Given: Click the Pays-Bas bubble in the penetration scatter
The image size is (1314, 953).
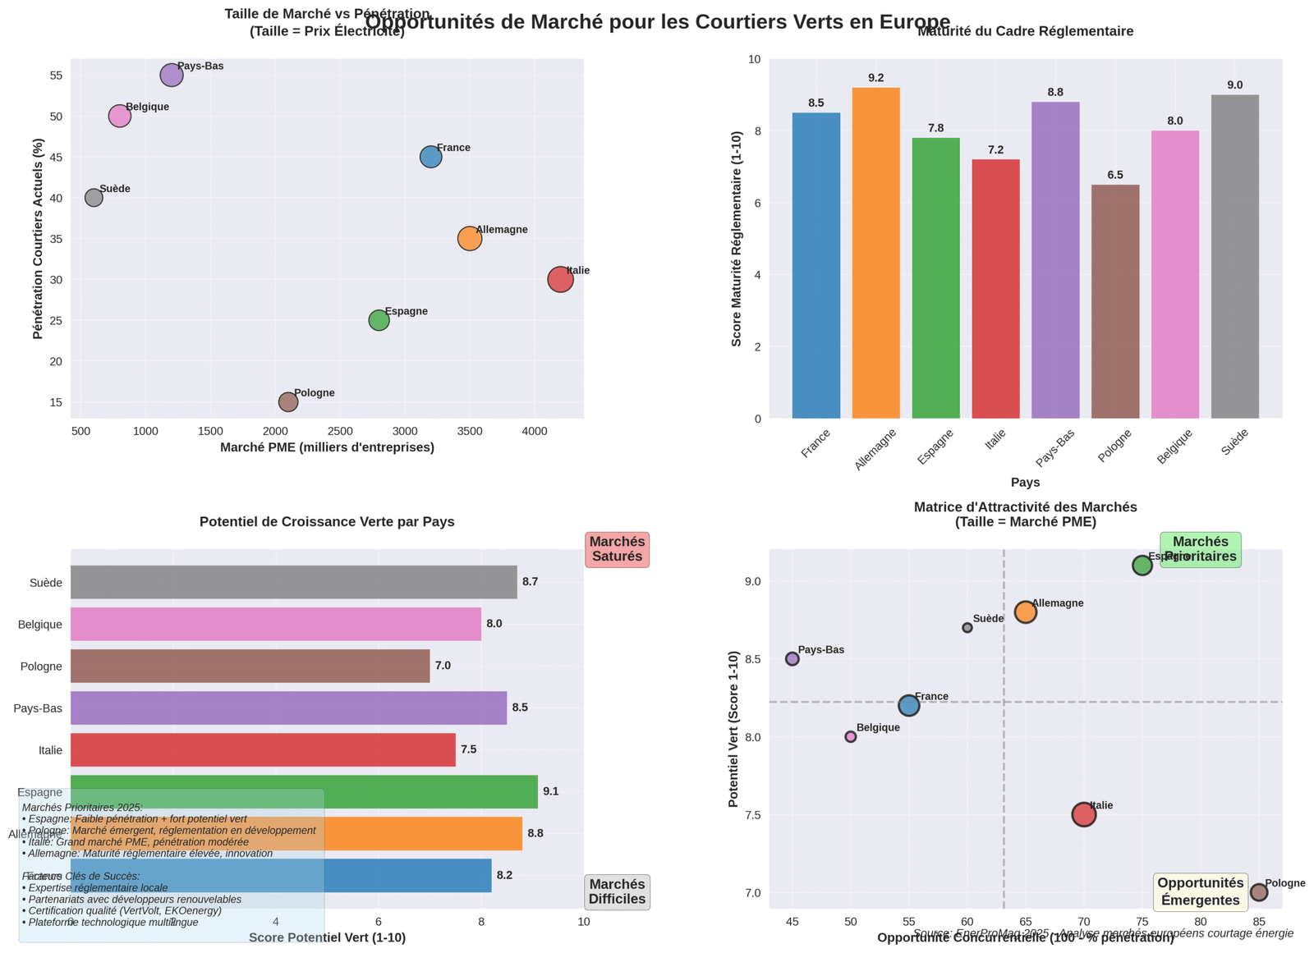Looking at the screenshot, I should pos(171,76).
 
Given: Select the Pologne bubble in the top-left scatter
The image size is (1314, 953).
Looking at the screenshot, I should pos(288,401).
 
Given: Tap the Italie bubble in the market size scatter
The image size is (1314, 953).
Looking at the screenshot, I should pos(560,279).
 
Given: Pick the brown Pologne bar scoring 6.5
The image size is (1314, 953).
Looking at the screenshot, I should pos(1115,301).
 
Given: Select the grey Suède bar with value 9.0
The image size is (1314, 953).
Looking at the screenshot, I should pos(1234,256).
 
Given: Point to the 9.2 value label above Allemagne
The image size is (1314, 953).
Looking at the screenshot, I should pos(875,78).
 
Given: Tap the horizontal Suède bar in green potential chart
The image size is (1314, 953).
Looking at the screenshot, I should pos(293,582).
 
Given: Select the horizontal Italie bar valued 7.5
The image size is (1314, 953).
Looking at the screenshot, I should pos(263,749).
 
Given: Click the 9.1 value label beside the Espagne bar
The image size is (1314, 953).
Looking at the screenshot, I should pos(550,791).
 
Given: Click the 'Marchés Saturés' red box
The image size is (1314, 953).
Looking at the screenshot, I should pos(617,549).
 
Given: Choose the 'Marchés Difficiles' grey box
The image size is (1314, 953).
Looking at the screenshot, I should pos(617,891).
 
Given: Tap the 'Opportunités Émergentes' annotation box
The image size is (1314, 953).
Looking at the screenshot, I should pos(1200,891).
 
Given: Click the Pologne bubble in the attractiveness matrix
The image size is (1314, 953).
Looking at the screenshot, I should pos(1258,892).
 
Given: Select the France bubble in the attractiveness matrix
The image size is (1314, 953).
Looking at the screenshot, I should pos(908,705).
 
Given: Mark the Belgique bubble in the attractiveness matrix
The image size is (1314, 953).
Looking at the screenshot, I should pos(851,736).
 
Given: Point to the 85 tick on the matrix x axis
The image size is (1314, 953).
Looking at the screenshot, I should pos(1258,921).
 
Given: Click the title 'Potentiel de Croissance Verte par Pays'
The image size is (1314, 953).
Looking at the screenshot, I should pos(327,522).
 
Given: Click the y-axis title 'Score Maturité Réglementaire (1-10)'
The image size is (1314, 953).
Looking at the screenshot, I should pos(737,238).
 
